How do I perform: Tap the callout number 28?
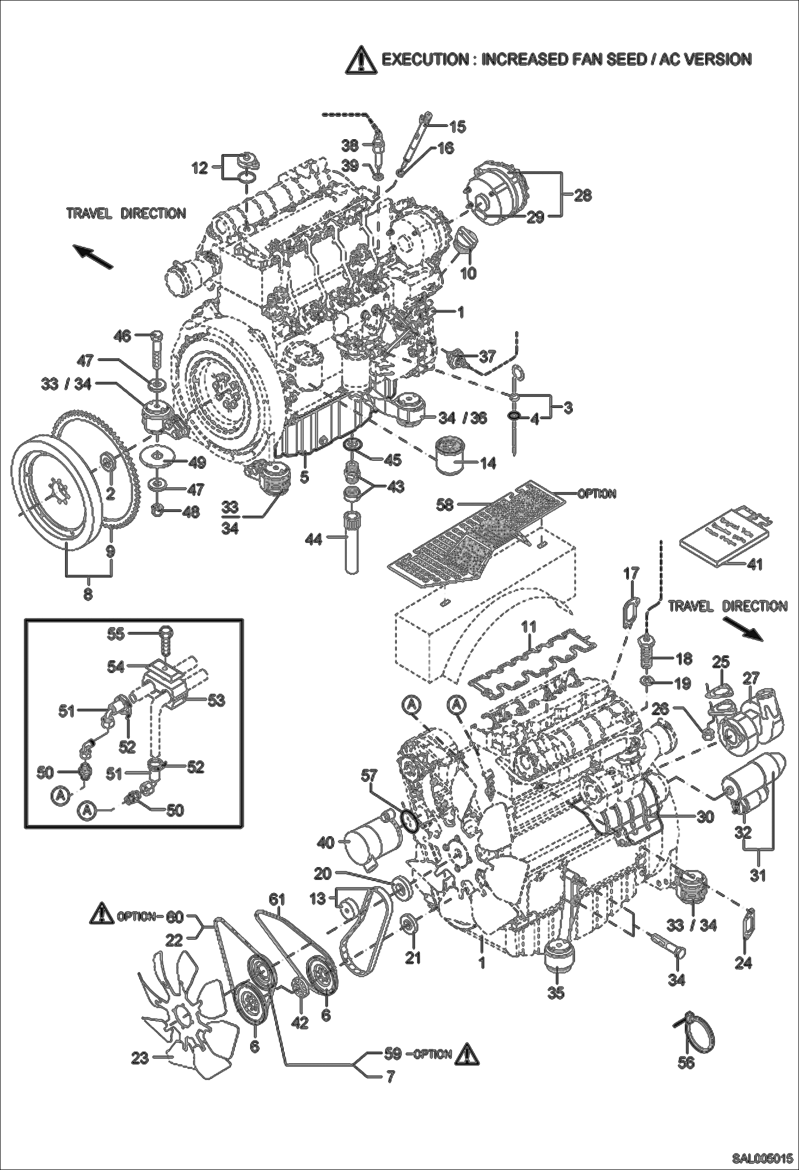point(583,195)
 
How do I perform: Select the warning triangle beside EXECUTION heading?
point(361,60)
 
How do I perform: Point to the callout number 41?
point(754,564)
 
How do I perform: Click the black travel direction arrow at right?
point(744,629)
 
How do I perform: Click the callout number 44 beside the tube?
point(314,540)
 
